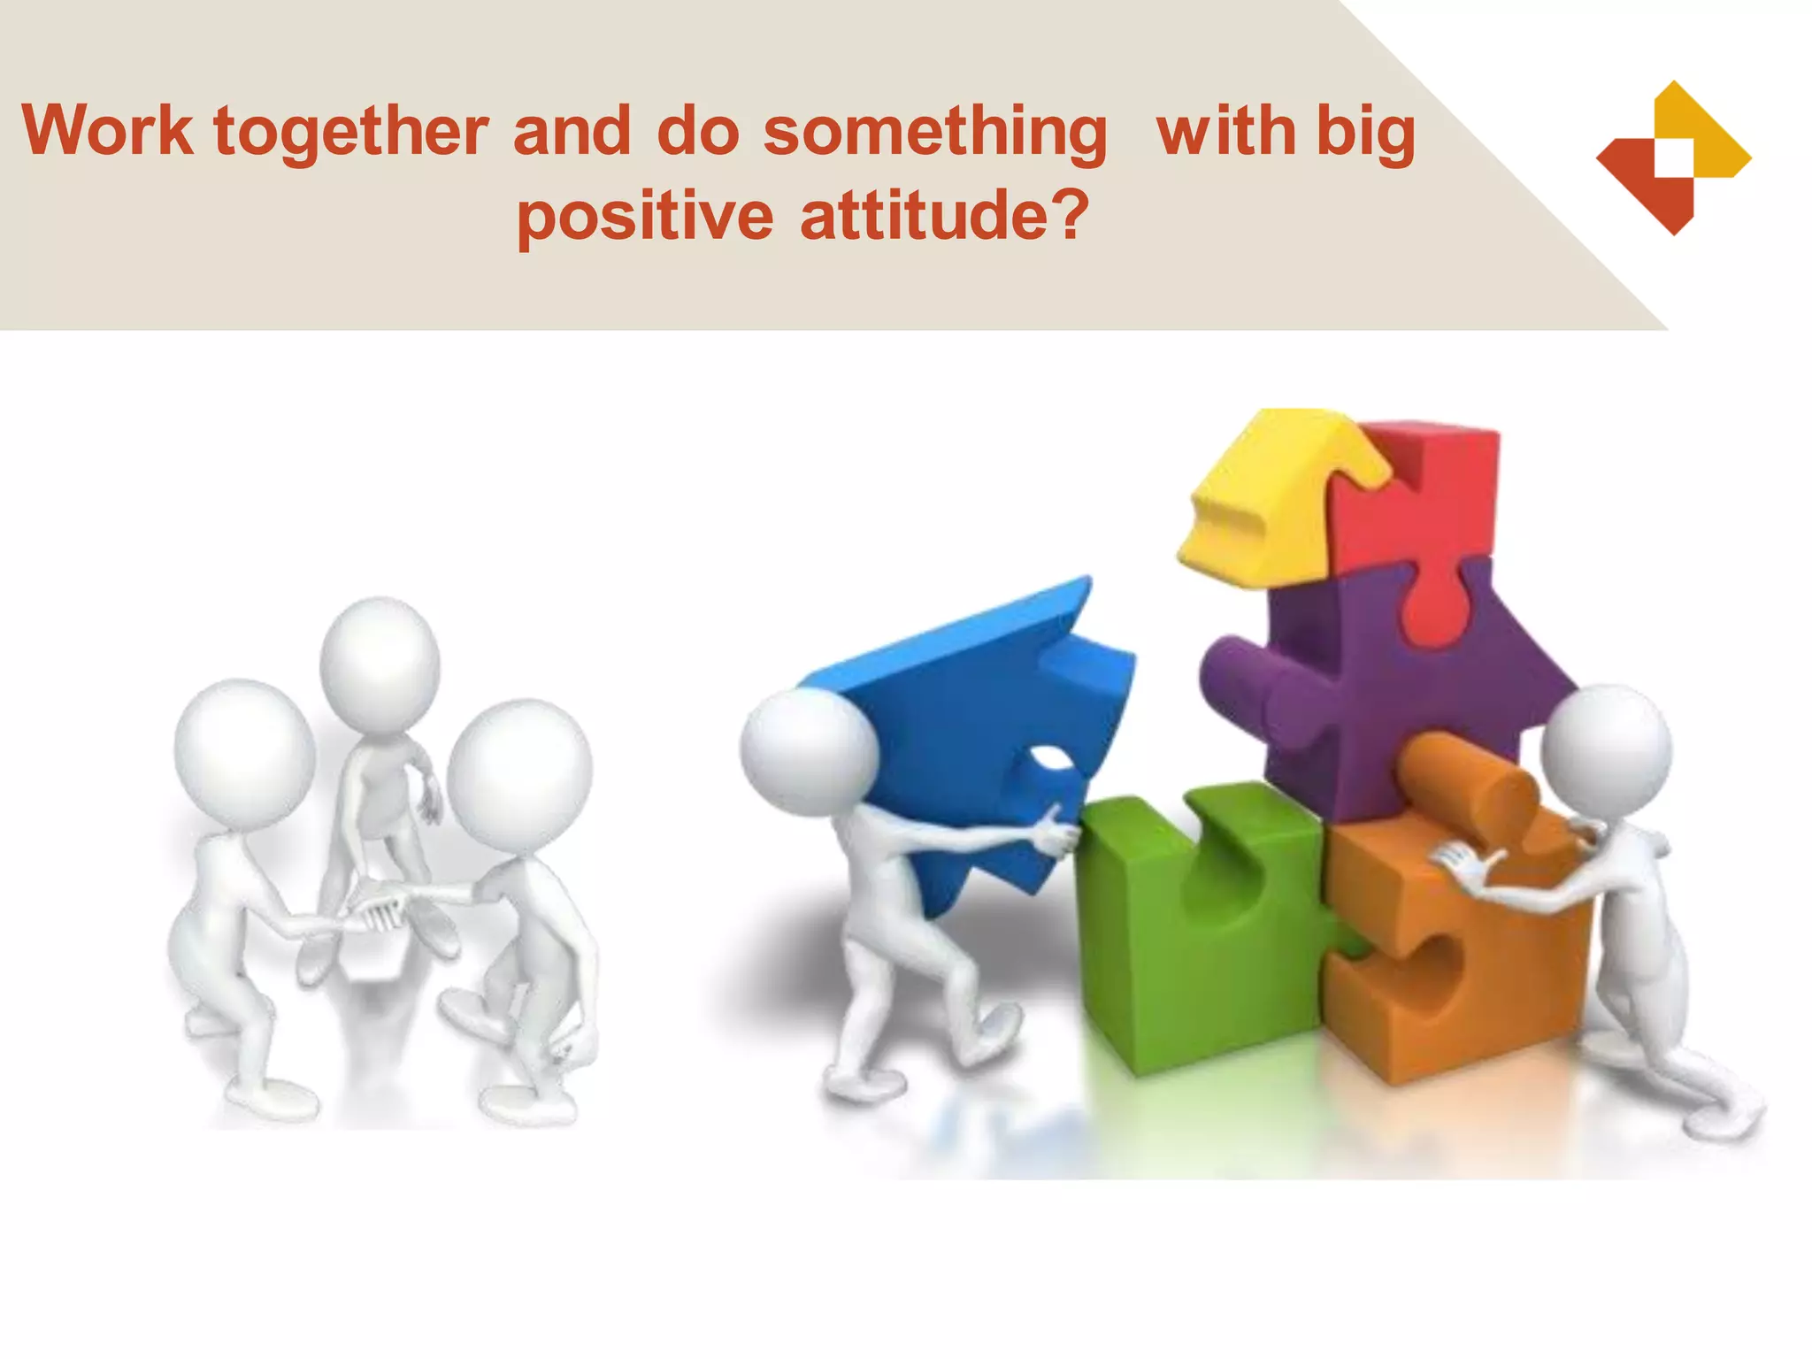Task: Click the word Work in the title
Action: coord(107,131)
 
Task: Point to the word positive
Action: coord(644,216)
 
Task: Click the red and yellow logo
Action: coord(1673,158)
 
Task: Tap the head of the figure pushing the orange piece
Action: coord(1606,751)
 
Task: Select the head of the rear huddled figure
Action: coord(380,664)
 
